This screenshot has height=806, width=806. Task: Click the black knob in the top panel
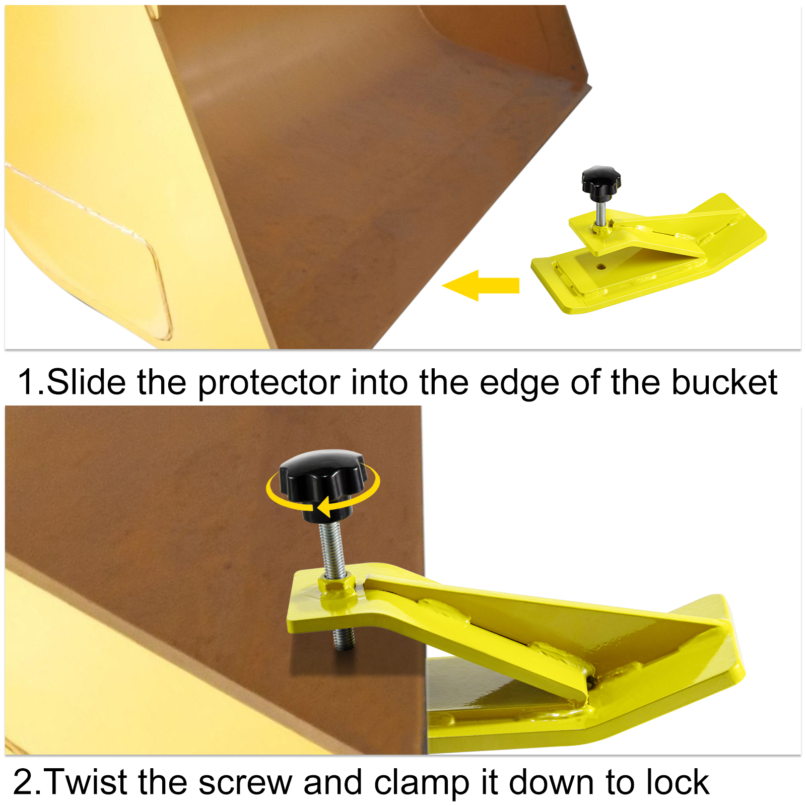point(600,180)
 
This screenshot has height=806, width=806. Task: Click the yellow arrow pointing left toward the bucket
point(481,286)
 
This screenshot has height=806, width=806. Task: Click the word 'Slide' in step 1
point(86,382)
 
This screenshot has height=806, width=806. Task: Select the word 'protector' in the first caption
point(268,383)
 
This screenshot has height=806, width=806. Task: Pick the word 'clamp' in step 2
point(422,783)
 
